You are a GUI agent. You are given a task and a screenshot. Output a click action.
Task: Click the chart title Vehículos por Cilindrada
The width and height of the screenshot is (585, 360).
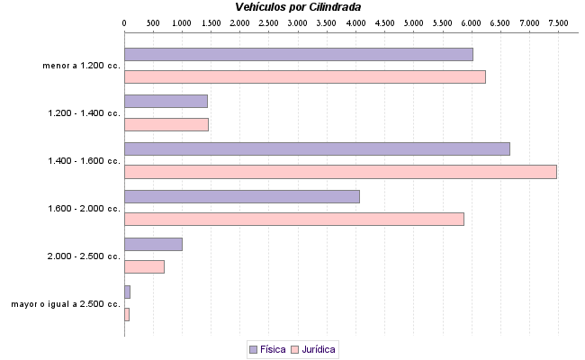click(297, 6)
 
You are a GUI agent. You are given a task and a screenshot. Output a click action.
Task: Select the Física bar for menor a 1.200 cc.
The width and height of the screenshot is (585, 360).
click(298, 54)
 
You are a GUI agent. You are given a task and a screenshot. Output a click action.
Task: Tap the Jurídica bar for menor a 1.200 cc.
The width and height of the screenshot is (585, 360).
click(304, 76)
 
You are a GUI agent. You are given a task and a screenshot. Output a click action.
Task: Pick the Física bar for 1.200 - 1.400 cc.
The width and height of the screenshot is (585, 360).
click(166, 101)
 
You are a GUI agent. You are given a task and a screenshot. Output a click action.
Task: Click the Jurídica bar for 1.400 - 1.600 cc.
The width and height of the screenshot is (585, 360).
click(340, 172)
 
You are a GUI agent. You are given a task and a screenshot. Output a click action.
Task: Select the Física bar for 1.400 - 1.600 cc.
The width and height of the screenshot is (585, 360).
click(317, 148)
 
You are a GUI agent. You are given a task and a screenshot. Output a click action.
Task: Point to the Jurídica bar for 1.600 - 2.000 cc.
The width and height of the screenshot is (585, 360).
click(293, 219)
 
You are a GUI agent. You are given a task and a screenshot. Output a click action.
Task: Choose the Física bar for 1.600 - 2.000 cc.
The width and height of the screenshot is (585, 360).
click(241, 196)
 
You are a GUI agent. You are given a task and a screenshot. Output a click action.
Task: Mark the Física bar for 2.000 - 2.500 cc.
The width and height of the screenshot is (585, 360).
click(153, 244)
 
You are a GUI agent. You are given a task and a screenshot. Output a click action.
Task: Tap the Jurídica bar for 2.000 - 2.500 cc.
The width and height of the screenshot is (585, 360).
click(144, 266)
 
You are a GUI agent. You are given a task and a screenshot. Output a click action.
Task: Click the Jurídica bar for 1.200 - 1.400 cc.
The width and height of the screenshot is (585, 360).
click(166, 124)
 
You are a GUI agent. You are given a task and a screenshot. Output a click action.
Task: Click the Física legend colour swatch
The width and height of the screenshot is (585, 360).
click(253, 348)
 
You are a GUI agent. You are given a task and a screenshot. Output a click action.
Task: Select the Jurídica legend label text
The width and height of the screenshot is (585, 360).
click(319, 348)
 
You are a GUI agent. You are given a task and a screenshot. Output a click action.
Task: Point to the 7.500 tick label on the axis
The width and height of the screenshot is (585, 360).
click(558, 21)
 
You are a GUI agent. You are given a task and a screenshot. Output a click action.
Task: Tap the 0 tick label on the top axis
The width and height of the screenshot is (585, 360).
click(124, 21)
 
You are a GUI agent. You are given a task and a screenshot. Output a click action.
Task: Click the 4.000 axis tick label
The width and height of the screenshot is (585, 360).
click(355, 21)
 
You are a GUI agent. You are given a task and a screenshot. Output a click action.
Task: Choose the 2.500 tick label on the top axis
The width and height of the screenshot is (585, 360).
click(269, 21)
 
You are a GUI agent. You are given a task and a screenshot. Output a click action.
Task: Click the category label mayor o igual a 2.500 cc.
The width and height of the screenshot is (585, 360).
click(66, 304)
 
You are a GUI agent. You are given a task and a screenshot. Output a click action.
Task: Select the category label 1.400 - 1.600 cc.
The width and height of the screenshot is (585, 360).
click(84, 161)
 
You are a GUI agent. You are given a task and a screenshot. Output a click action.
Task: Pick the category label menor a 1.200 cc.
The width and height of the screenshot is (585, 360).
click(81, 66)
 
